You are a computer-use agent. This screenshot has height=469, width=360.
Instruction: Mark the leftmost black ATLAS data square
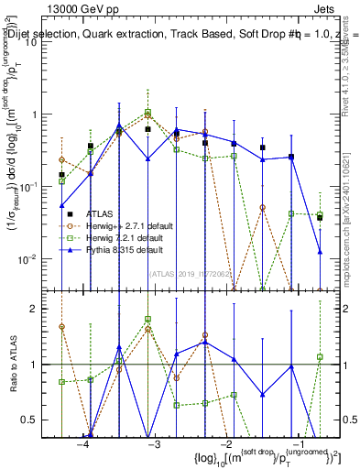pos(61,174)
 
